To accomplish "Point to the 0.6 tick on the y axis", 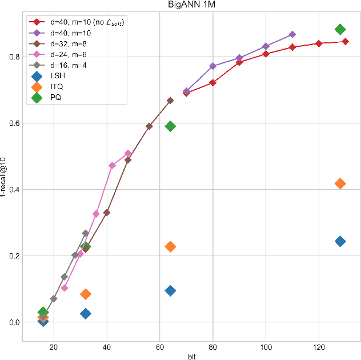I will click(14, 123).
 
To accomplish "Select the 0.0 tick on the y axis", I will click(14, 322).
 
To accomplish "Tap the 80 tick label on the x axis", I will click(212, 347).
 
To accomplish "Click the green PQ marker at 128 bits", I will click(340, 30).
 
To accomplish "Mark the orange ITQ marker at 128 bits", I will click(340, 183).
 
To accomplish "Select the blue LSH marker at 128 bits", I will click(340, 241).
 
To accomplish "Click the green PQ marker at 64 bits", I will click(170, 126).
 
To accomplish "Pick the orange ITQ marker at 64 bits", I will click(170, 246).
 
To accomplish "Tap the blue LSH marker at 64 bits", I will click(170, 291).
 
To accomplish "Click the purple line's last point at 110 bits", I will click(292, 35).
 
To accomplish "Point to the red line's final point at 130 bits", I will click(346, 41).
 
